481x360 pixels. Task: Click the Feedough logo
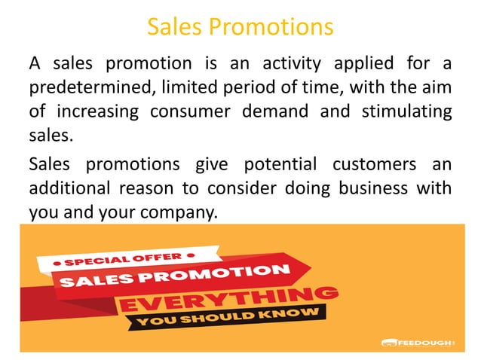[x=417, y=343]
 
